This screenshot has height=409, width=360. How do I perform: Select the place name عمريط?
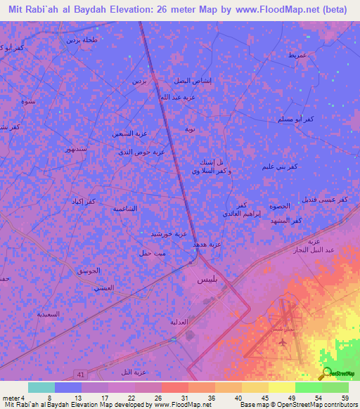coord(297,55)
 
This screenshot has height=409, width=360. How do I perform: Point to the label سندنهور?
coord(75,150)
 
